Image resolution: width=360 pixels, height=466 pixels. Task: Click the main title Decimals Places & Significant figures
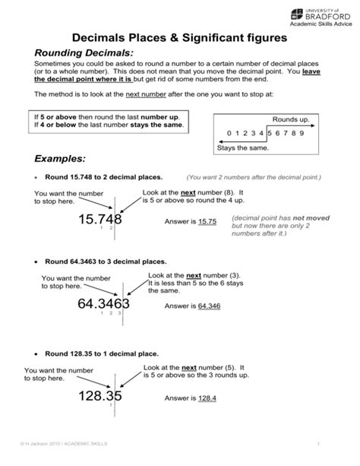(180, 36)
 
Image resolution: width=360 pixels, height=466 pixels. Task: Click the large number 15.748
(103, 220)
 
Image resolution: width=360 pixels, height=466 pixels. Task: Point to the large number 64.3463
(103, 305)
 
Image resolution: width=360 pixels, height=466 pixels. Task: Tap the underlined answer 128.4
(207, 398)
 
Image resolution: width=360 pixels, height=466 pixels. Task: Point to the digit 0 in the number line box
(229, 133)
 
